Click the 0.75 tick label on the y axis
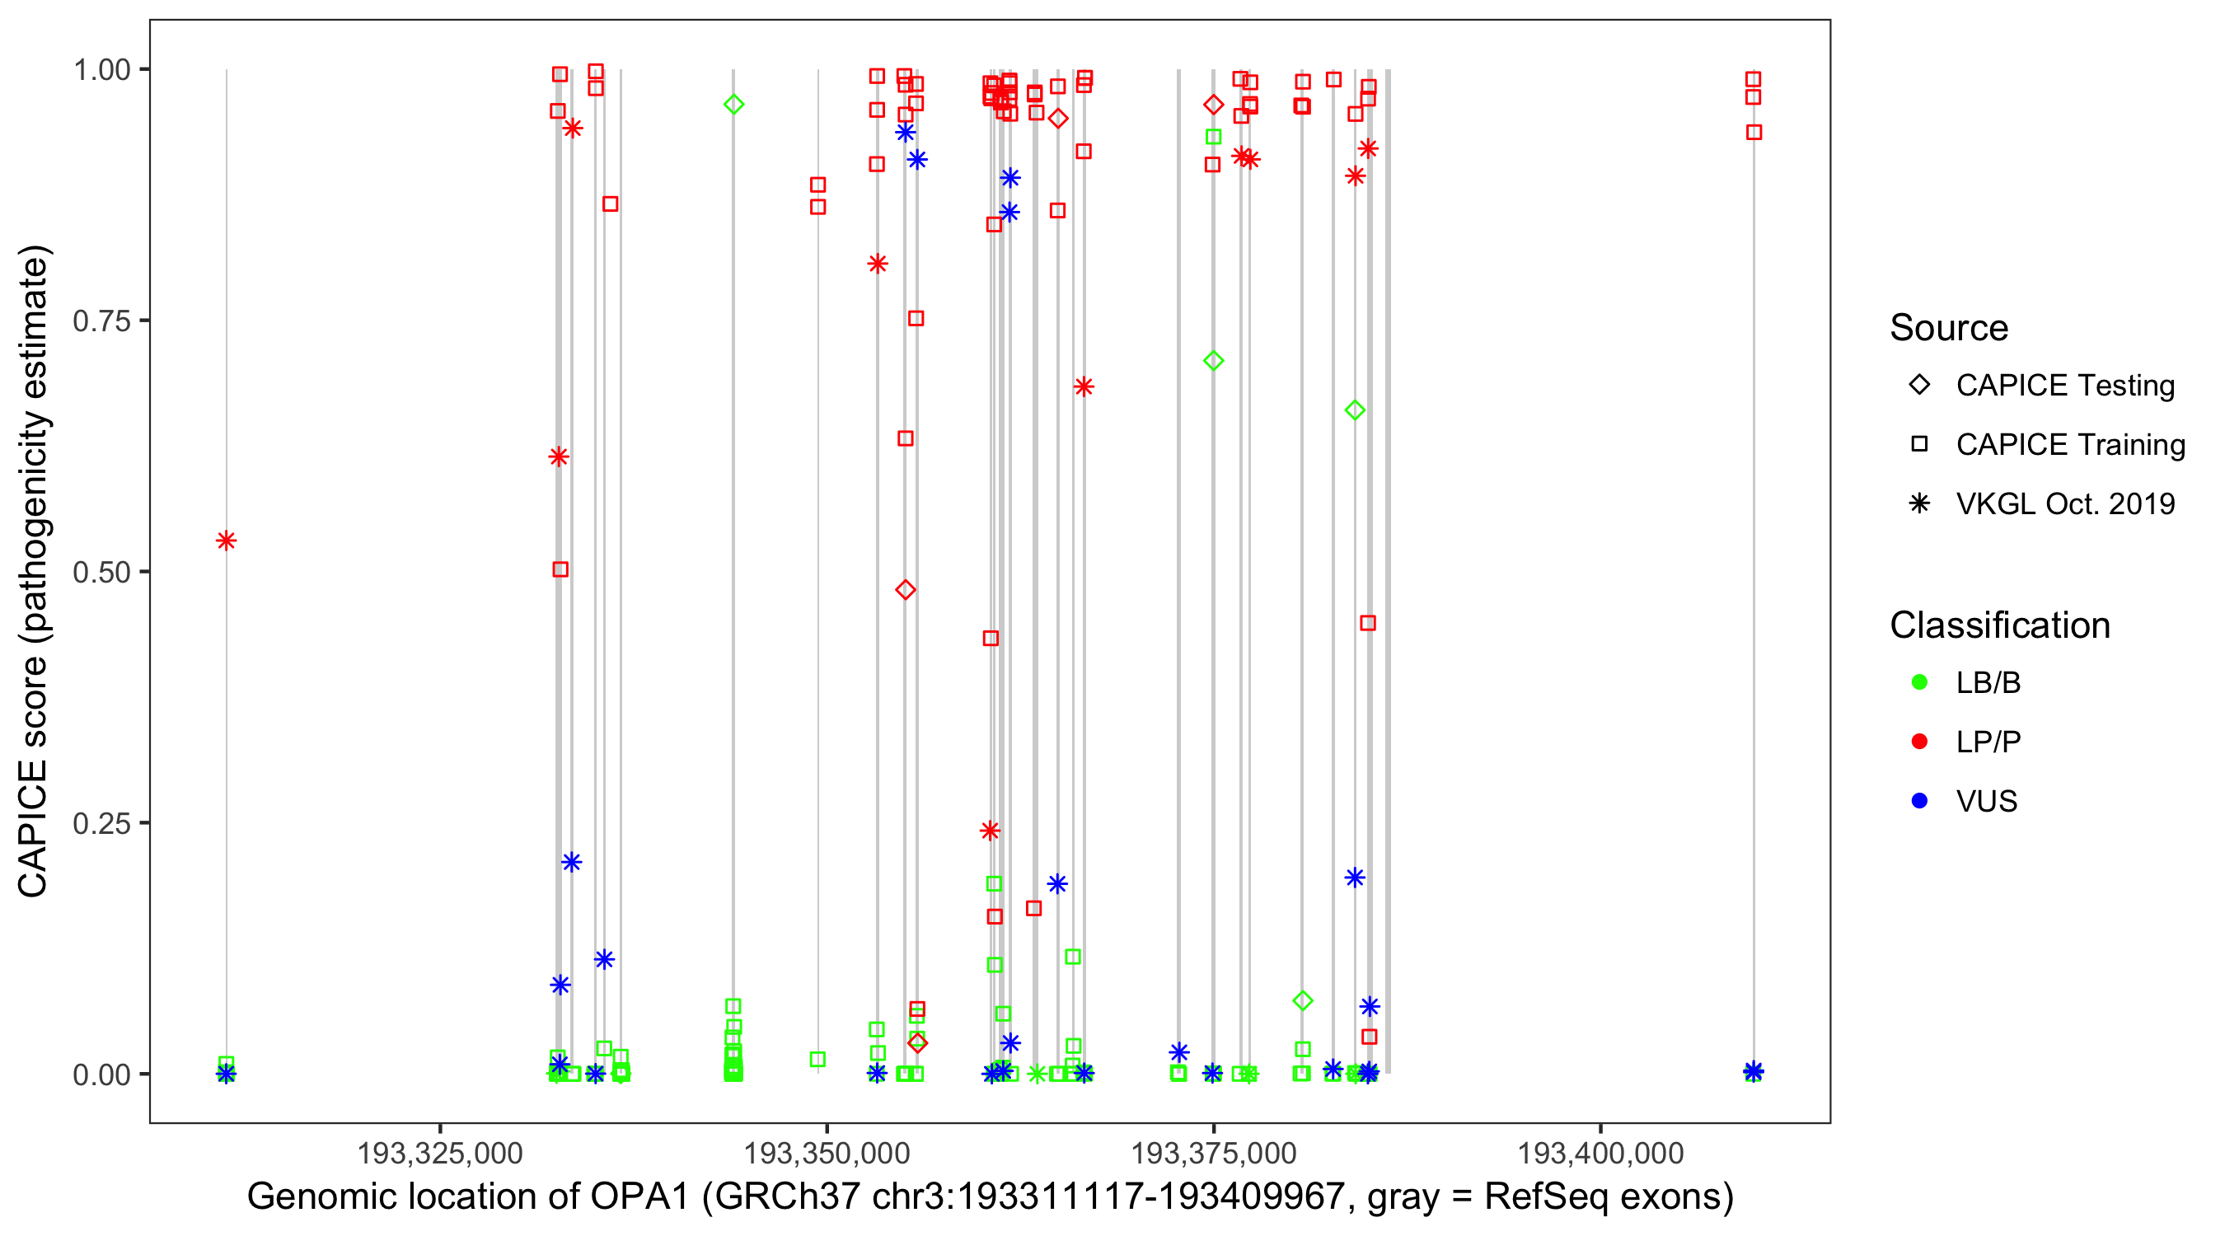(101, 321)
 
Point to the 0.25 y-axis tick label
(101, 823)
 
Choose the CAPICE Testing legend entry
(2064, 386)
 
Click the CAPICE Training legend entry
(2069, 445)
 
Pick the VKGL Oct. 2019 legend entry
(2064, 503)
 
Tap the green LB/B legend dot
(1919, 682)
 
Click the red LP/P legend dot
(1919, 742)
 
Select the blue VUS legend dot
(1919, 801)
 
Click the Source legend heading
(1949, 328)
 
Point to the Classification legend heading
(1999, 625)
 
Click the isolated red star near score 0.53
(227, 541)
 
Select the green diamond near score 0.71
(1214, 361)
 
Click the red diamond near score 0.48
(905, 590)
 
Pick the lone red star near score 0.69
(1084, 387)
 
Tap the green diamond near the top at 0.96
(734, 105)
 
